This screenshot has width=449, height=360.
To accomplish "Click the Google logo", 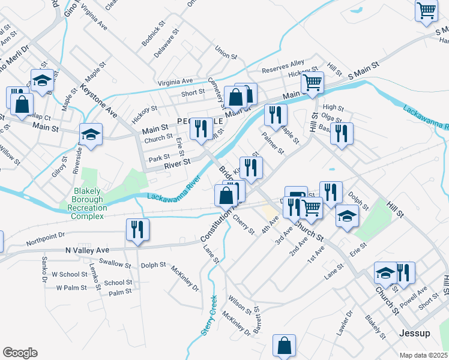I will (20, 353).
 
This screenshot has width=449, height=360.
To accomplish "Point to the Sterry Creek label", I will (212, 306).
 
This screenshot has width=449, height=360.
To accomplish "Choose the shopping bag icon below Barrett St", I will (284, 346).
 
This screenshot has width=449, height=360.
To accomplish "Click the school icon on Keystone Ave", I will (91, 134).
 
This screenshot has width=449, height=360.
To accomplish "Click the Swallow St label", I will (115, 263).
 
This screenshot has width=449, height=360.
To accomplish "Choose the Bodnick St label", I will (153, 35).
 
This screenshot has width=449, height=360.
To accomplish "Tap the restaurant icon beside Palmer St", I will (275, 115).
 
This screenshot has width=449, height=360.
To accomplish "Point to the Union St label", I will (226, 53).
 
